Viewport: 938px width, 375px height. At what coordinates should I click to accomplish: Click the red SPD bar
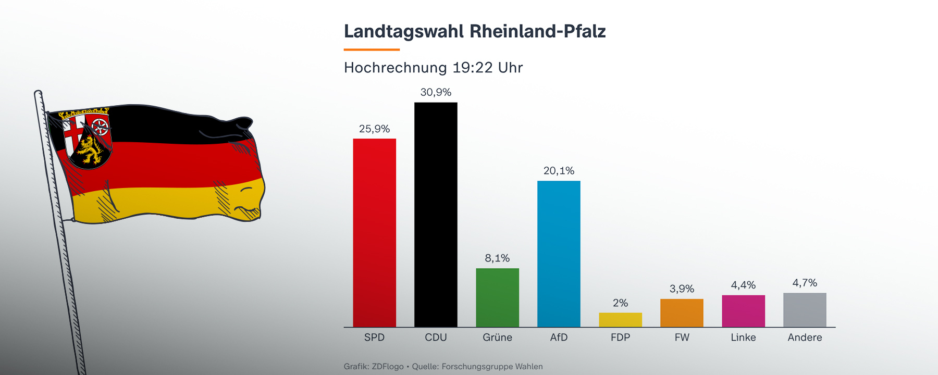point(374,233)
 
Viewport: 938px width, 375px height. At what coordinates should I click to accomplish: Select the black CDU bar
point(436,215)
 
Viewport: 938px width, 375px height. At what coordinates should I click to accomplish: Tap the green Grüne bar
point(497,297)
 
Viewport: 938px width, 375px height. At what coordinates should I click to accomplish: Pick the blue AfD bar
point(559,254)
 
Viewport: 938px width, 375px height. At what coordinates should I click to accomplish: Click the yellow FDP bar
point(620,320)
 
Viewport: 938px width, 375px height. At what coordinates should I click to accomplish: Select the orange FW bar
point(682,313)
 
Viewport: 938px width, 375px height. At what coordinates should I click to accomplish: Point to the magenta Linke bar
point(743,311)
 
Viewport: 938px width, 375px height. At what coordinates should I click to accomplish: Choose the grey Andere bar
point(805,310)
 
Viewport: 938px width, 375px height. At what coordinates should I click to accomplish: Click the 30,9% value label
point(436,92)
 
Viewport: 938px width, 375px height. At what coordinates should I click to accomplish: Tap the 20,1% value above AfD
point(559,171)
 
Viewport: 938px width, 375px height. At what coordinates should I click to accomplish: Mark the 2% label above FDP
point(620,303)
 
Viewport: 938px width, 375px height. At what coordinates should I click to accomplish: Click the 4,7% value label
point(805,283)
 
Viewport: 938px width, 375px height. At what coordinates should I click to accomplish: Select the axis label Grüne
point(497,337)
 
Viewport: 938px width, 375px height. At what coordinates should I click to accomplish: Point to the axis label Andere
point(805,337)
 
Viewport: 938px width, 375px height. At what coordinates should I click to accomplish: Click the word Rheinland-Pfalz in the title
point(537,31)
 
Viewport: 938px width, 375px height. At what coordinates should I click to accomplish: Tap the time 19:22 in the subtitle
point(472,68)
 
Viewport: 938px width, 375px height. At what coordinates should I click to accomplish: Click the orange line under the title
point(372,49)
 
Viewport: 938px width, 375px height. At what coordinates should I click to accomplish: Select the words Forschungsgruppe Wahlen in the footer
point(492,367)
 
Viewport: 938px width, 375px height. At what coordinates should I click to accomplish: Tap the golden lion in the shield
point(90,151)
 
